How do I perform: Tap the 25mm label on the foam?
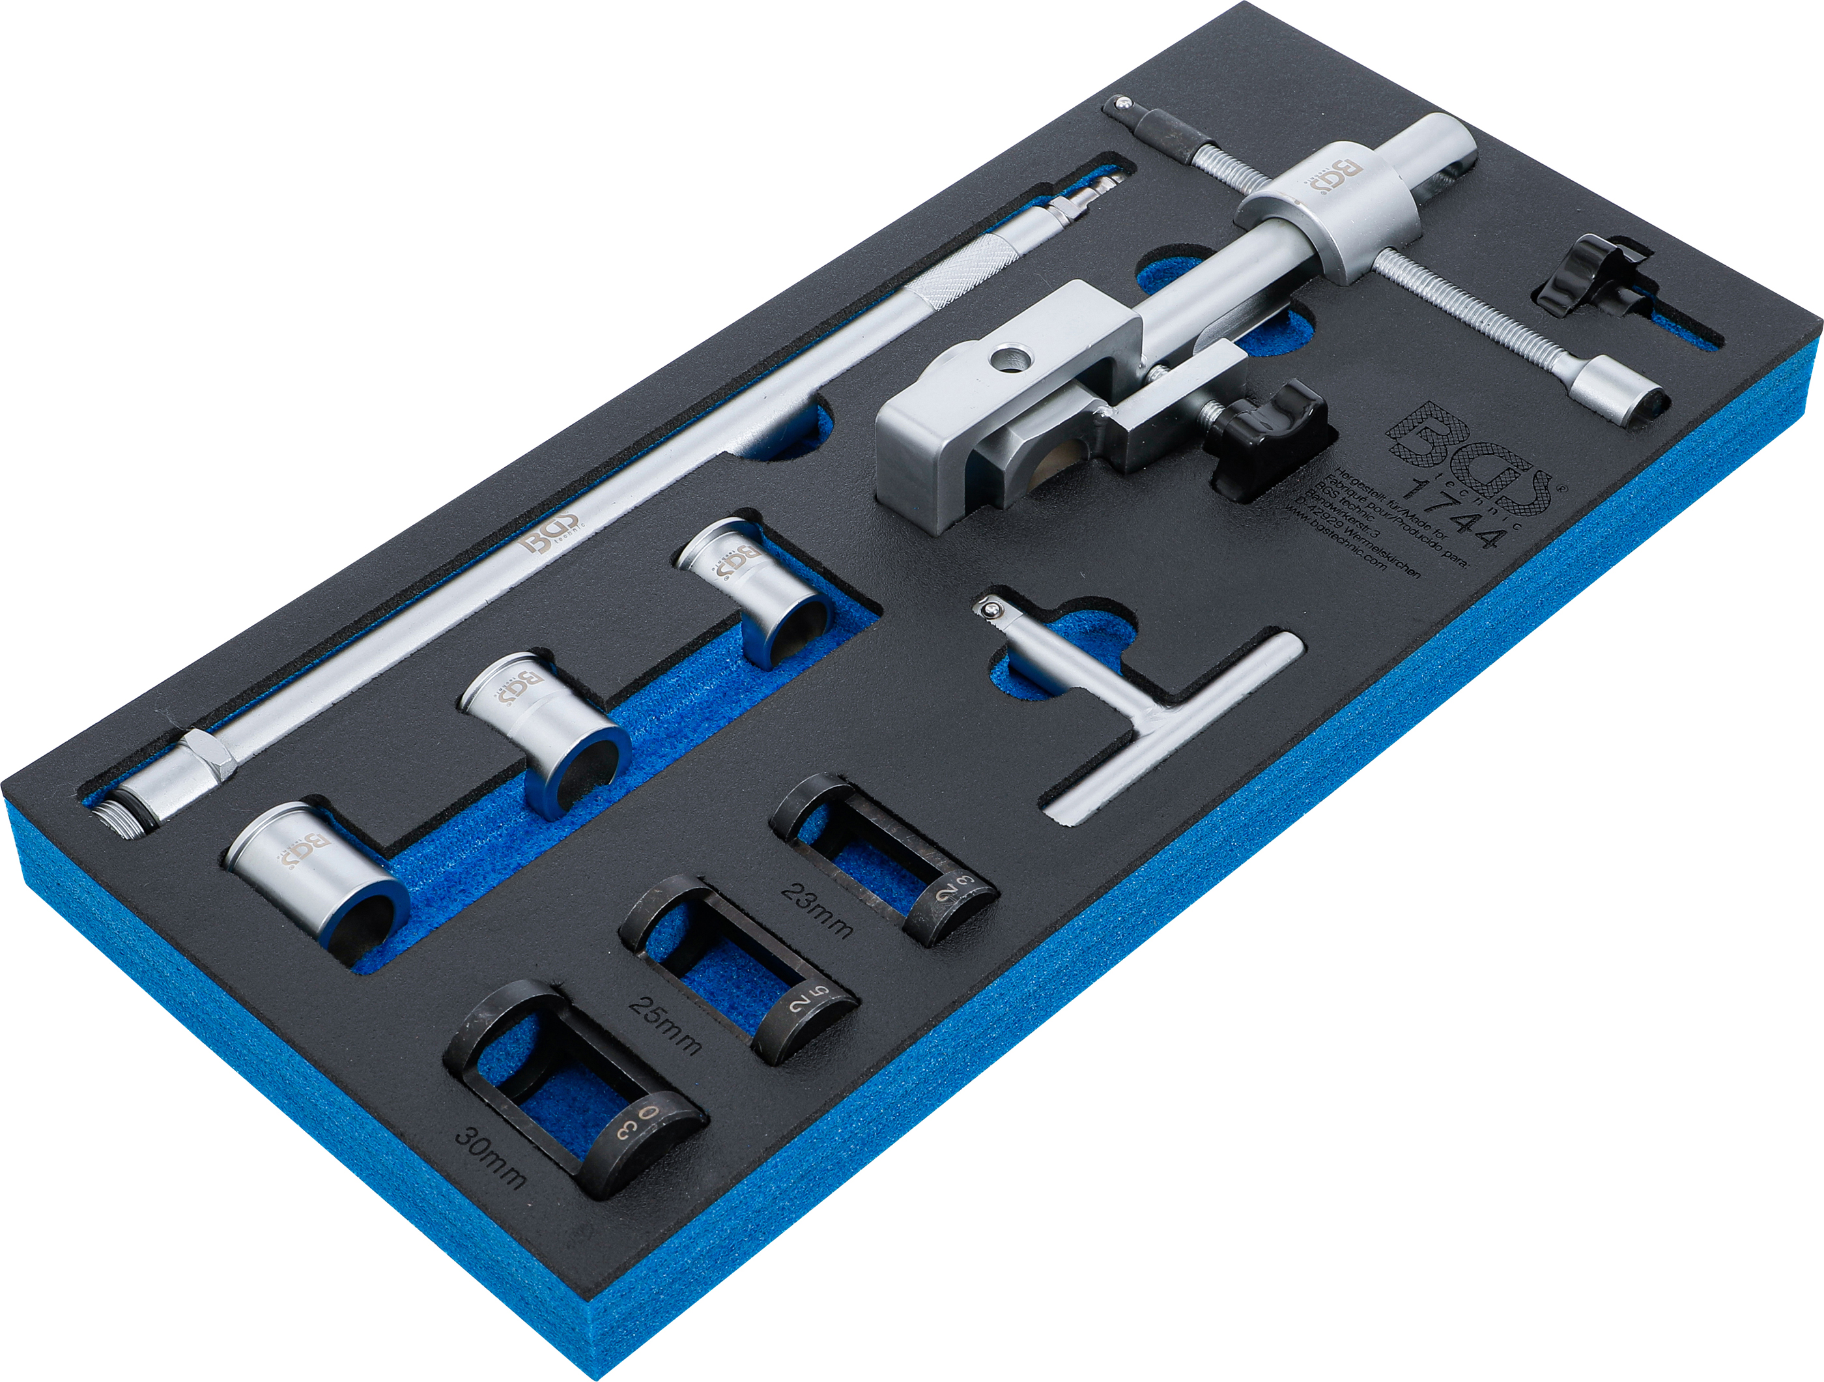pyautogui.click(x=664, y=1028)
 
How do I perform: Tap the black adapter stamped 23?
pyautogui.click(x=882, y=857)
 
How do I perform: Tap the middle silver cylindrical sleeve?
pyautogui.click(x=544, y=730)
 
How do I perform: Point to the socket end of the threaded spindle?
pyautogui.click(x=1616, y=399)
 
